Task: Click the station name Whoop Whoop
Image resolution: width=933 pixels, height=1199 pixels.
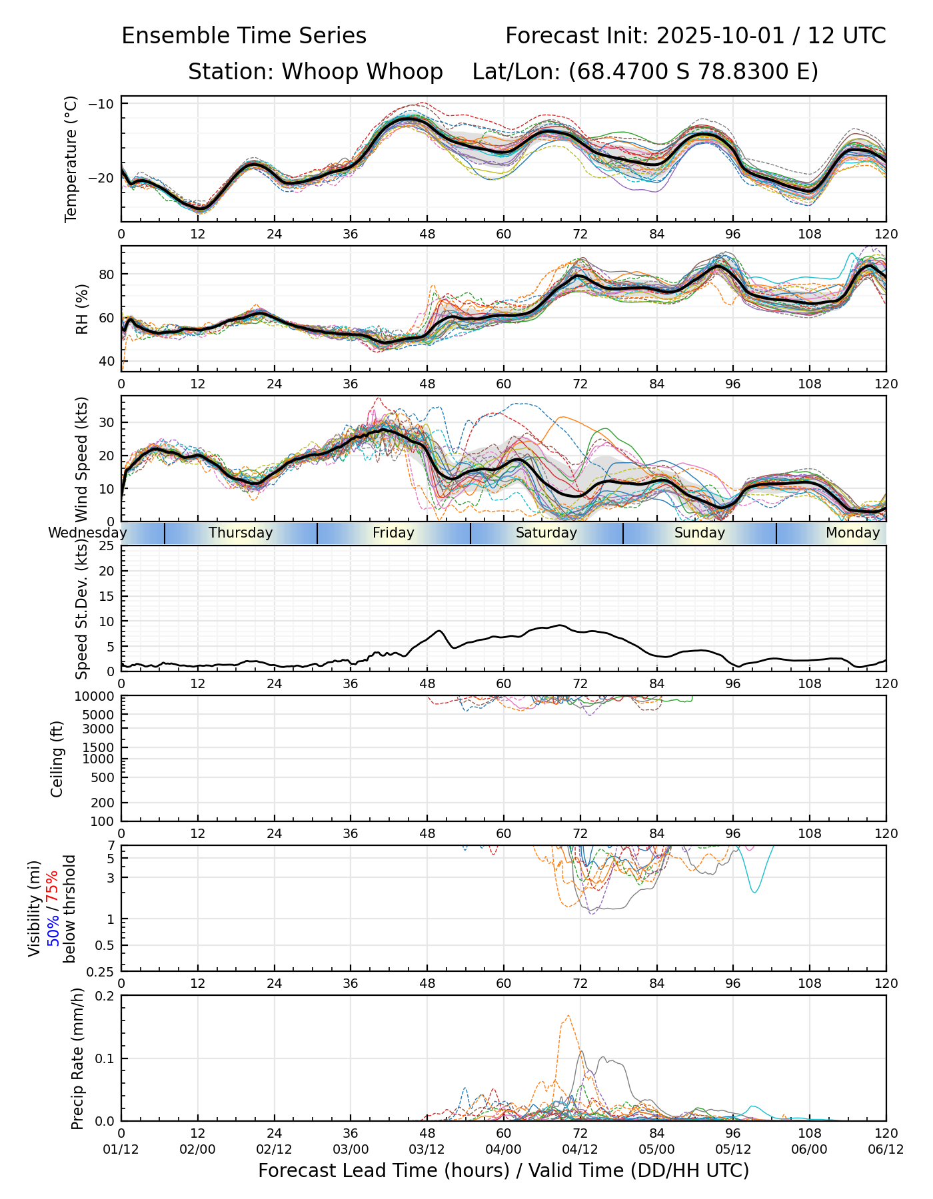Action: (362, 72)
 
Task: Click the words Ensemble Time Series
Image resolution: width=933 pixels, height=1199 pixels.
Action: (244, 36)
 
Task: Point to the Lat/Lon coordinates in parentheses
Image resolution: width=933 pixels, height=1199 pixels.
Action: (693, 72)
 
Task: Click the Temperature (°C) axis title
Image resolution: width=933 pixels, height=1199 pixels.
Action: (71, 159)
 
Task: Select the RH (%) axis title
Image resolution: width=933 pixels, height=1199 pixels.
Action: (82, 308)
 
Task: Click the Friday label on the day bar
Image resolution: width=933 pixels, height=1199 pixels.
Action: (393, 533)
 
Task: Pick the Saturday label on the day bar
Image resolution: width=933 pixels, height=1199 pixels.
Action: (546, 533)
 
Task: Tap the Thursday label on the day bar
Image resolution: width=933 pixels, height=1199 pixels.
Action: (241, 533)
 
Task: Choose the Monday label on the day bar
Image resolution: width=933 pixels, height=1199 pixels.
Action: (853, 533)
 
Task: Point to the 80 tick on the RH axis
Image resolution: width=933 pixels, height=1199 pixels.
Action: (107, 274)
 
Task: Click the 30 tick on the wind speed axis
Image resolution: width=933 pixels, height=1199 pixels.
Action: (107, 422)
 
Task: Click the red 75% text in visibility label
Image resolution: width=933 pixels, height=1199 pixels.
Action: (53, 886)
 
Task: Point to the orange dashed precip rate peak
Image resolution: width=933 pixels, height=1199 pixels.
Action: (568, 1016)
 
